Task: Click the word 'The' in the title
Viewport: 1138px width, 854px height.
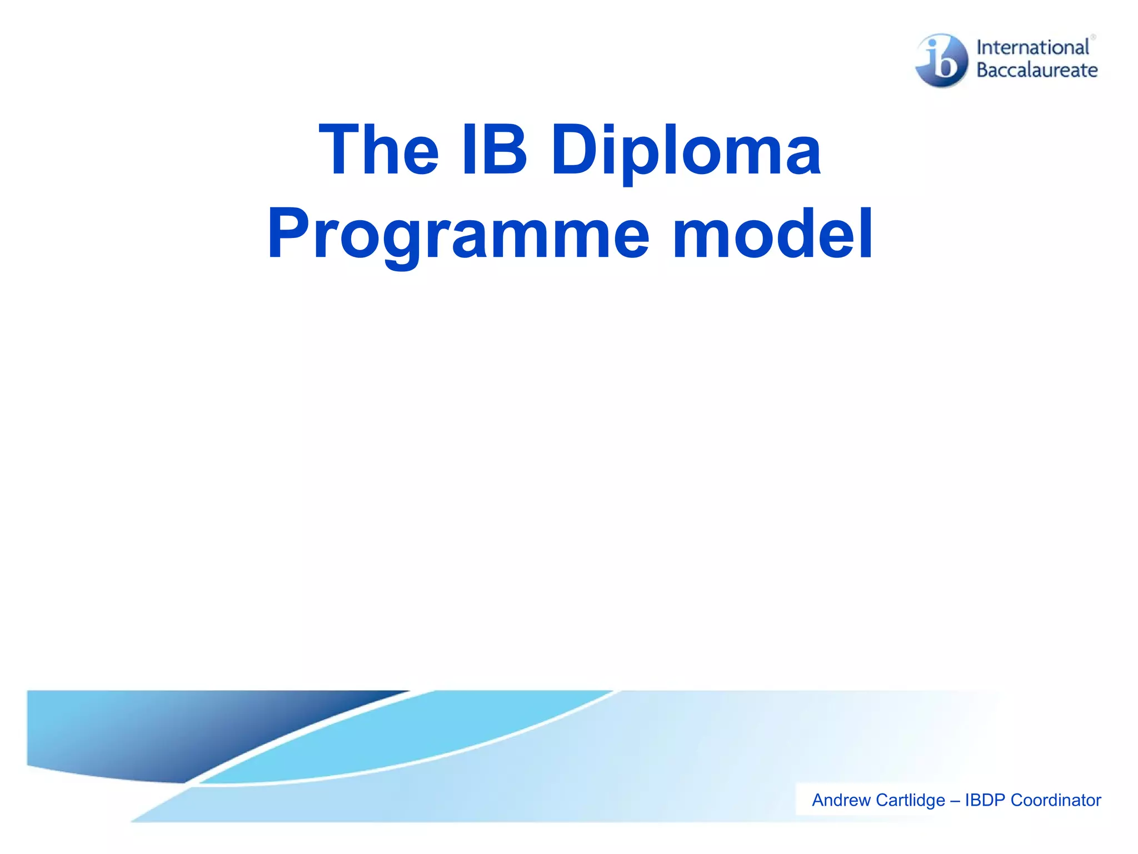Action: coord(378,150)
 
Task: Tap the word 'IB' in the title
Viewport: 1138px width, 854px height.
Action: coord(494,150)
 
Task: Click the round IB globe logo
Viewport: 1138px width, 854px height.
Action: coord(942,60)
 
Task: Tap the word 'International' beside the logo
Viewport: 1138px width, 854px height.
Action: coord(1032,48)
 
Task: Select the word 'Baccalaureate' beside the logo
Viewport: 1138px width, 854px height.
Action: coord(1037,70)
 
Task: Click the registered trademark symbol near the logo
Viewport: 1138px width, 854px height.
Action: coord(1093,37)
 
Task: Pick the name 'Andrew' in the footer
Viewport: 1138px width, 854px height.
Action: coord(841,800)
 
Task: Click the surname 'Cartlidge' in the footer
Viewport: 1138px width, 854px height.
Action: coord(911,800)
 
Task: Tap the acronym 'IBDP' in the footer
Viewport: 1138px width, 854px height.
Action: coord(985,800)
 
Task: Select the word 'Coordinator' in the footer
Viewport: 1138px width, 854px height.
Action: coord(1056,800)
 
